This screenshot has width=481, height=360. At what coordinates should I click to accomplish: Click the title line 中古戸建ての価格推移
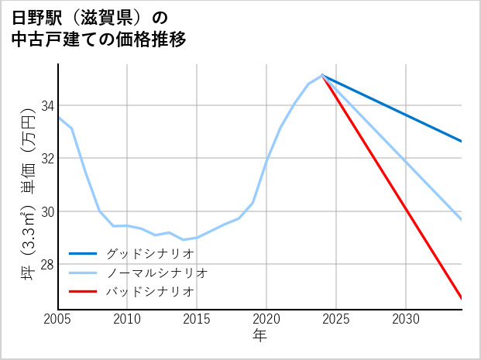coord(98,39)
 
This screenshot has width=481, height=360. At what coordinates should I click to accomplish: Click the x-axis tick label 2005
coord(58,319)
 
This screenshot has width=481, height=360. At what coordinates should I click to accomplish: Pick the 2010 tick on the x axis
coord(127,319)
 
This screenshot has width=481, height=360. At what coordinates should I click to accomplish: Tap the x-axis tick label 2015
coord(197,319)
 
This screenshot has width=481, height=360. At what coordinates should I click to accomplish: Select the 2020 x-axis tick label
coord(266,319)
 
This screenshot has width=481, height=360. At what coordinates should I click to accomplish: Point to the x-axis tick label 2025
coord(336,319)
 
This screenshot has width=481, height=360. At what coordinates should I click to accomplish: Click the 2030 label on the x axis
coord(406,319)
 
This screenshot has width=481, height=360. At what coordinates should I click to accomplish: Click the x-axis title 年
coord(259,336)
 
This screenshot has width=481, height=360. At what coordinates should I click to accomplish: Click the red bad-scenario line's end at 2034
coord(462,298)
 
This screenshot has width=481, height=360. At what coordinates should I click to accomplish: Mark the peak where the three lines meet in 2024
coord(322,75)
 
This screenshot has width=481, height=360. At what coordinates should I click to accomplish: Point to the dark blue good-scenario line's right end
coord(462,141)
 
